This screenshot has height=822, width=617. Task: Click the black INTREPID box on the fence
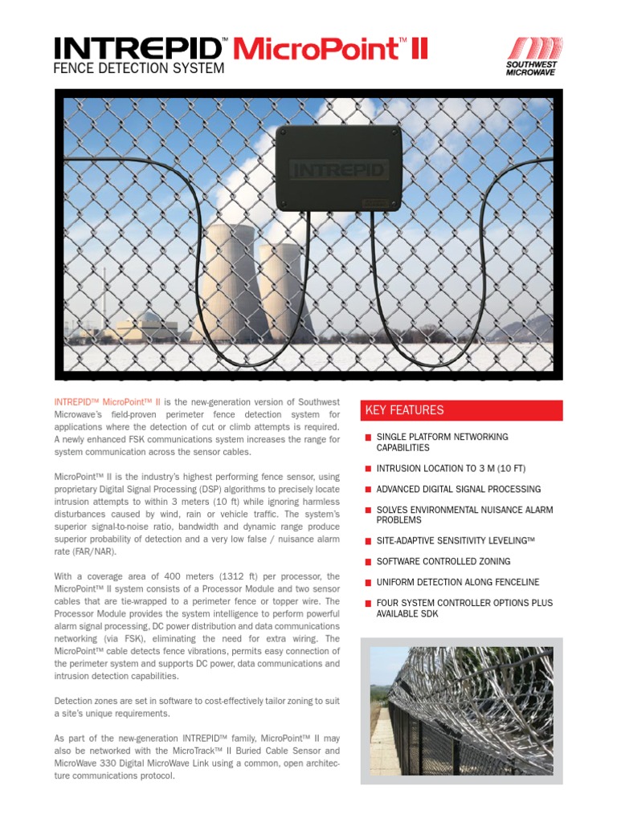pos(338,168)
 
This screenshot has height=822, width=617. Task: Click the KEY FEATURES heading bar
pos(461,410)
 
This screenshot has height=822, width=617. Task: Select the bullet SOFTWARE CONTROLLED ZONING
pos(443,562)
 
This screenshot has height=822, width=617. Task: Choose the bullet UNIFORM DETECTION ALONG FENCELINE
pos(458,582)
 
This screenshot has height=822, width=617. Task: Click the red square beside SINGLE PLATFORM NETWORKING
pos(368,437)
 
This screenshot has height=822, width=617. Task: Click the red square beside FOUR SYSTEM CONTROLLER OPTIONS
pos(368,603)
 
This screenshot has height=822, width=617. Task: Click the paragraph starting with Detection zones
pos(197,706)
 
